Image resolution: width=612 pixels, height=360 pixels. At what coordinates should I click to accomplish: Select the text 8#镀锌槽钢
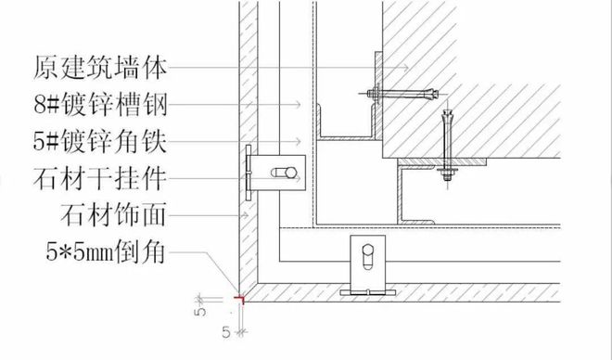[x=103, y=104]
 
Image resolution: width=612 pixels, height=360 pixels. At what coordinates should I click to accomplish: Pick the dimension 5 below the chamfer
[x=226, y=328]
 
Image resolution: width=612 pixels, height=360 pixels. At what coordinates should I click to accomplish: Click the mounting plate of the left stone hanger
[x=249, y=174]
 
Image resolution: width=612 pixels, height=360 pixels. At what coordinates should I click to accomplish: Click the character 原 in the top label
[x=45, y=68]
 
